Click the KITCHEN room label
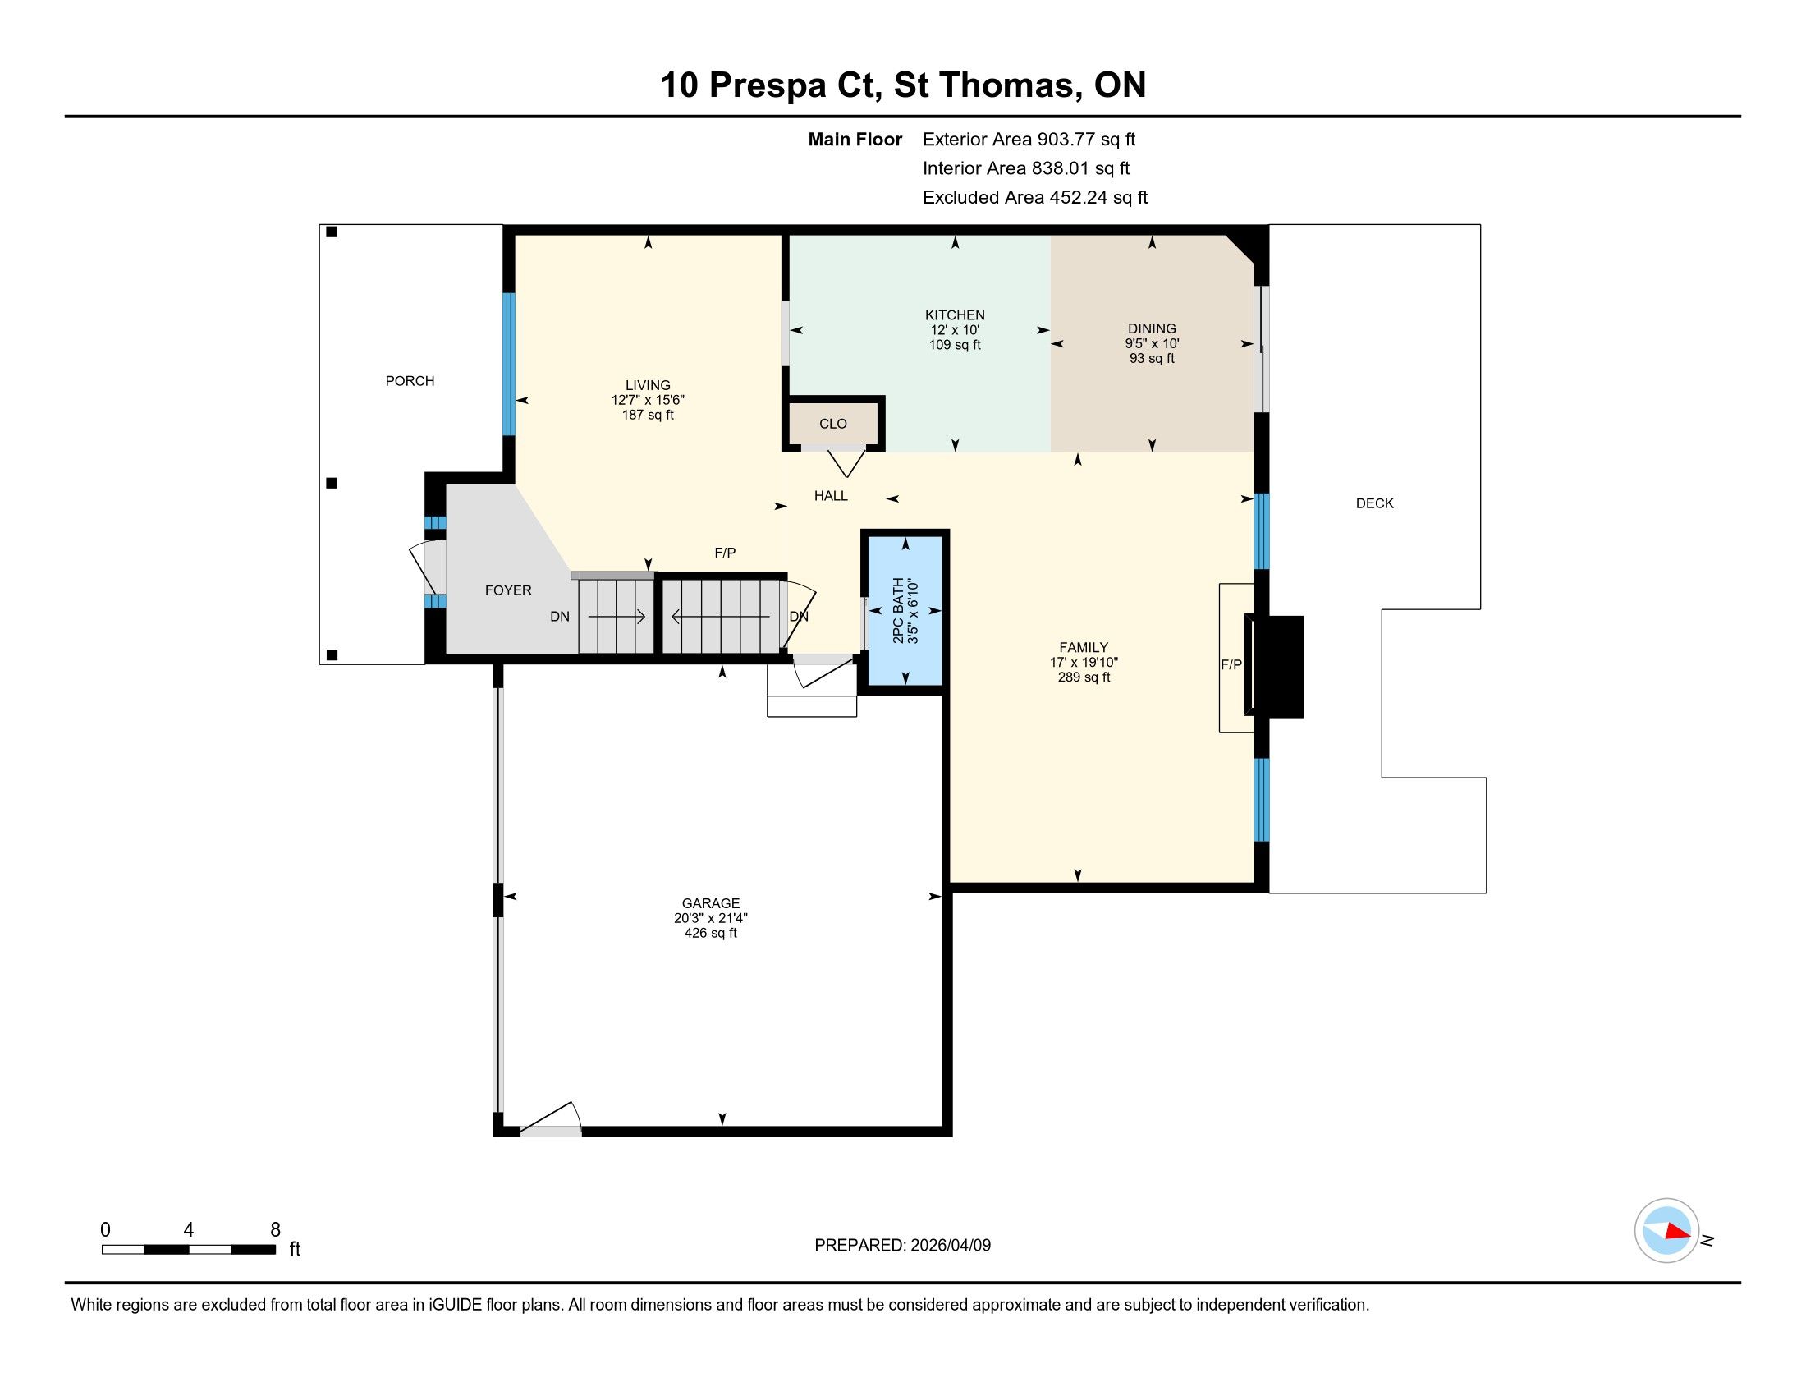tap(954, 315)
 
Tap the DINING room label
tap(1151, 328)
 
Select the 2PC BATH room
tap(905, 610)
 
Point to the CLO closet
tap(832, 424)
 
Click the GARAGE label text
tap(710, 903)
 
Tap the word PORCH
tap(410, 380)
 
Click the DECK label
tap(1374, 503)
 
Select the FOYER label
tap(507, 590)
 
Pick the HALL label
tap(830, 495)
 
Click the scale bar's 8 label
tap(275, 1229)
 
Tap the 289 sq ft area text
tap(1084, 677)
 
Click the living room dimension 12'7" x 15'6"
tap(648, 399)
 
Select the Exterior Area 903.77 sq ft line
tap(1029, 139)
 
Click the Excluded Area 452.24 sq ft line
tap(1034, 197)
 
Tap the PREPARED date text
tap(902, 1245)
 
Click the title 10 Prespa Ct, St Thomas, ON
tap(903, 85)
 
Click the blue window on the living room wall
tap(510, 364)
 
